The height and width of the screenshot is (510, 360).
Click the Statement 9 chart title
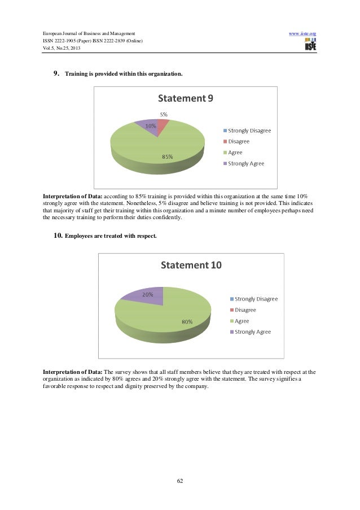click(185, 99)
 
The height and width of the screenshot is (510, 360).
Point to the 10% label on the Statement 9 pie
click(151, 126)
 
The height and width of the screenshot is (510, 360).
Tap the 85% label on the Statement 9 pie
click(168, 156)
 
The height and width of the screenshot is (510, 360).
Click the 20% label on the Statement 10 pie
click(148, 295)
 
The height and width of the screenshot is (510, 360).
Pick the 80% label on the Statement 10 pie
click(187, 322)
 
